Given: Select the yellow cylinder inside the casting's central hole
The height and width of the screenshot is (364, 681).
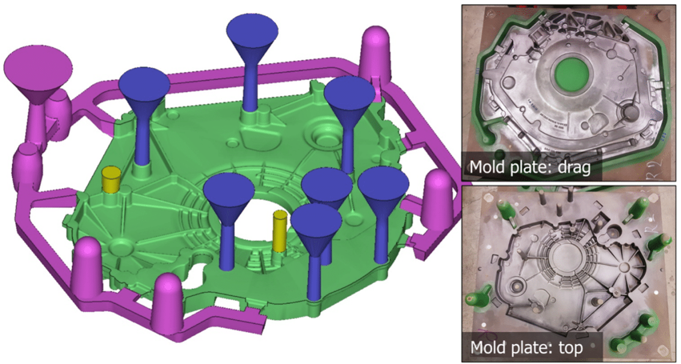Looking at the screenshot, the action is tap(279, 231).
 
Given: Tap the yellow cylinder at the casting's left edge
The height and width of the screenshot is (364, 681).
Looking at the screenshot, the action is tap(110, 180).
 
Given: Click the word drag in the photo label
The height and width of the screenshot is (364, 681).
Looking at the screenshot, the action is tap(576, 166).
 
